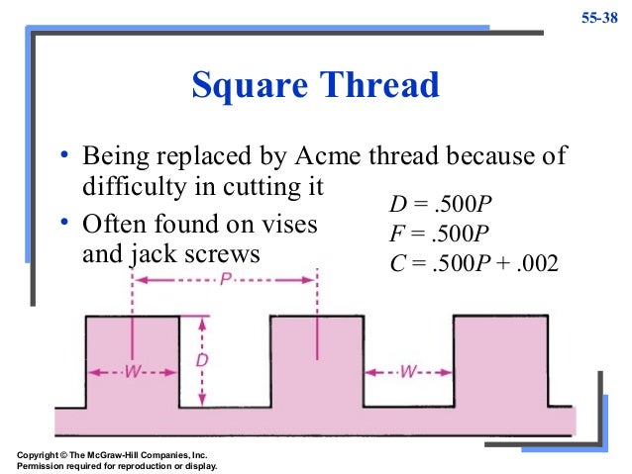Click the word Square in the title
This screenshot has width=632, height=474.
click(x=249, y=86)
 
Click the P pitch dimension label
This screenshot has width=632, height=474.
click(x=225, y=281)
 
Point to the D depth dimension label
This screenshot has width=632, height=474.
click(x=202, y=361)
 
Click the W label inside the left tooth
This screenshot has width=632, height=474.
click(x=132, y=372)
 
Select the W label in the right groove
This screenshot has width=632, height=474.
click(x=408, y=372)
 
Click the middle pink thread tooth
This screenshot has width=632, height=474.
click(x=316, y=371)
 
